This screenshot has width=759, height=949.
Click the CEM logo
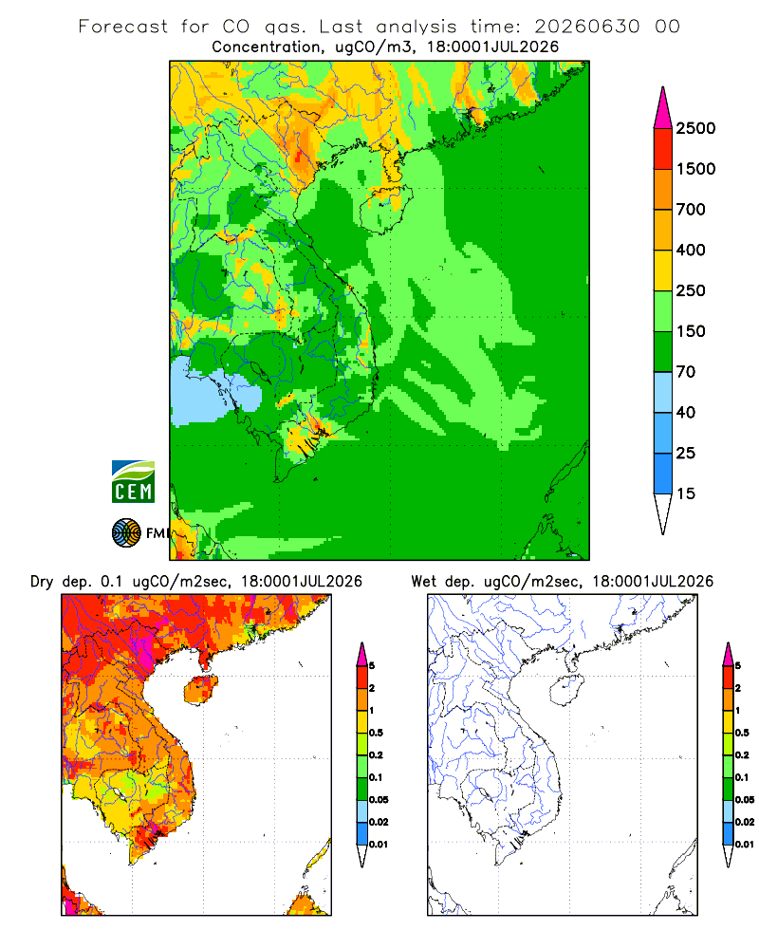pyautogui.click(x=133, y=482)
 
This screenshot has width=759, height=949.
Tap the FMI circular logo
pyautogui.click(x=126, y=533)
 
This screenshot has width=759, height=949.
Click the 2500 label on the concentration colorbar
pyautogui.click(x=695, y=128)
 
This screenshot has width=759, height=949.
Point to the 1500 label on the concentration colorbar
pyautogui.click(x=695, y=169)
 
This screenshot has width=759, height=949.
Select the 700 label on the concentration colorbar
pyautogui.click(x=691, y=210)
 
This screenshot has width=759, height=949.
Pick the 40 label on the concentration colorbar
pyautogui.click(x=686, y=412)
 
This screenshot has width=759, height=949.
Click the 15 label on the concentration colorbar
pyautogui.click(x=686, y=493)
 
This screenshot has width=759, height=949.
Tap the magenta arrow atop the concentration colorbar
pyautogui.click(x=663, y=109)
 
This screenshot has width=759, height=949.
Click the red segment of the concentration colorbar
pyautogui.click(x=663, y=149)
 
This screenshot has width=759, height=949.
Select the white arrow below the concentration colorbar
pyautogui.click(x=663, y=512)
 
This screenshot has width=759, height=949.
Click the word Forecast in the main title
pyautogui.click(x=123, y=27)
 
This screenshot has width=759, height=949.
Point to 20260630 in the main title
pyautogui.click(x=586, y=27)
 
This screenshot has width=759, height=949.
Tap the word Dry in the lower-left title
pyautogui.click(x=42, y=582)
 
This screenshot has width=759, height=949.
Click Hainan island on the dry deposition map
pyautogui.click(x=200, y=690)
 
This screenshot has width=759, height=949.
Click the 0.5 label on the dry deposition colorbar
pyautogui.click(x=376, y=733)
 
